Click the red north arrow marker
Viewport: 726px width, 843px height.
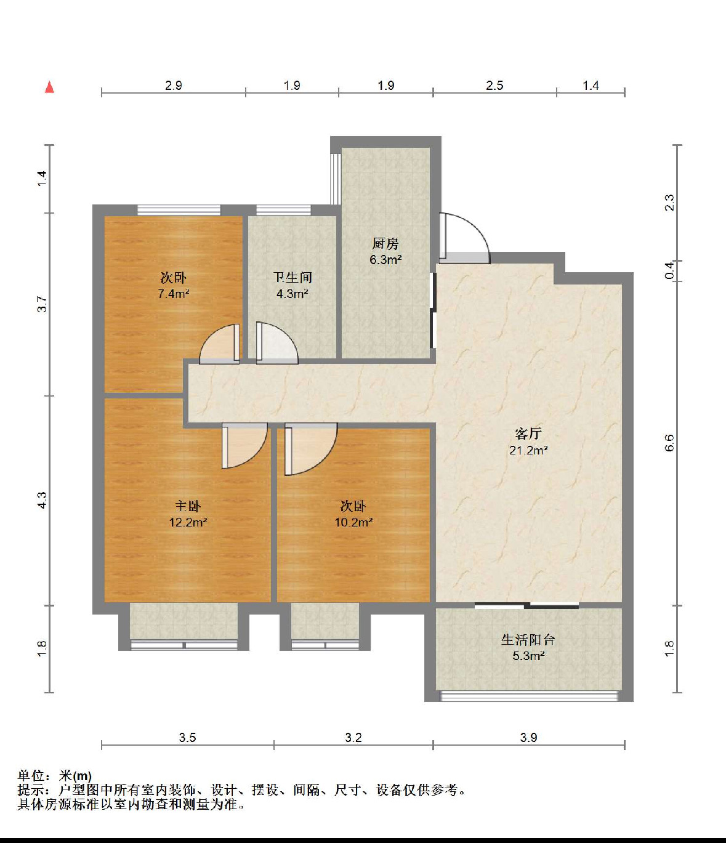pos(49,87)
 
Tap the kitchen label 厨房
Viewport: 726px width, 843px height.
pos(385,244)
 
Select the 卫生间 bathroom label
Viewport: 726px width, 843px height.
pos(292,278)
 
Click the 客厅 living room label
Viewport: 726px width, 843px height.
pos(528,434)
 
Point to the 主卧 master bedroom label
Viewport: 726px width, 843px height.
pos(188,506)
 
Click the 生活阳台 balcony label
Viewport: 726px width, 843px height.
pos(528,640)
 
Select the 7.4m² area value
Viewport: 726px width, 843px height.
pos(173,294)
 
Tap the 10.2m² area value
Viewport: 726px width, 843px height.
pos(353,523)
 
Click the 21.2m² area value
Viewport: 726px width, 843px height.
pos(528,450)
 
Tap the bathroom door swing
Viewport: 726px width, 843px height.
pos(276,344)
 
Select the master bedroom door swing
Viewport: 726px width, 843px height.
pos(244,446)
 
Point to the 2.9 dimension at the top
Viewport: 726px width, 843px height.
pos(174,86)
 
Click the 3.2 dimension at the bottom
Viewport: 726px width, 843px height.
pos(353,738)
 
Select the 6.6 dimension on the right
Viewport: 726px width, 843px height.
pos(669,443)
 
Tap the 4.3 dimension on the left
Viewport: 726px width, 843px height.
pos(42,500)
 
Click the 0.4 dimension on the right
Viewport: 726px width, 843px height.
pos(669,270)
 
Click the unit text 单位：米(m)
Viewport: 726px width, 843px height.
pos(55,776)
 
